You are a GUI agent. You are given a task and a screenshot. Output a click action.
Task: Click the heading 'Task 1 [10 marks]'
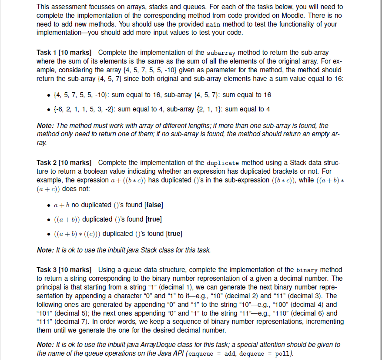pyautogui.click(x=66, y=52)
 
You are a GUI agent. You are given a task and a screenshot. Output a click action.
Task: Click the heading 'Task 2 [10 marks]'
pyautogui.click(x=66, y=163)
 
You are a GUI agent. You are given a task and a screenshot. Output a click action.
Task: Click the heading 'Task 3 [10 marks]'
pyautogui.click(x=66, y=270)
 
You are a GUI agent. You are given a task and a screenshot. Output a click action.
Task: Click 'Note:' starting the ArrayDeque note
pyautogui.click(x=45, y=344)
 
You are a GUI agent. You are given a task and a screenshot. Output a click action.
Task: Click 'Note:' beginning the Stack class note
pyautogui.click(x=45, y=250)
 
